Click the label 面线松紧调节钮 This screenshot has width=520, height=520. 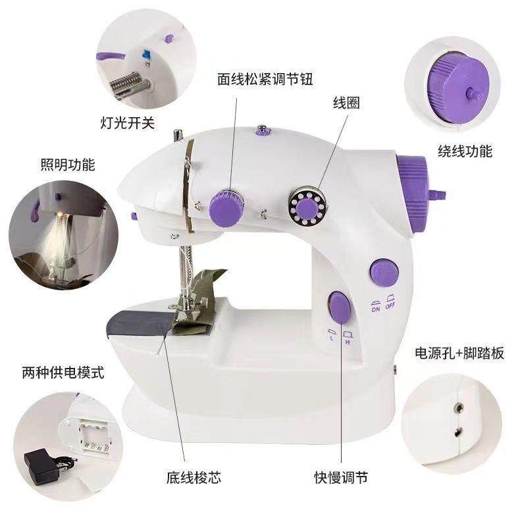265,80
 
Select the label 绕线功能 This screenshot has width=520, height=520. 465,151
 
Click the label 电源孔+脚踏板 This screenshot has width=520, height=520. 460,353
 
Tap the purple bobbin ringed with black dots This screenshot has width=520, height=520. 305,208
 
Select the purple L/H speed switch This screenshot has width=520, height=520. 339,309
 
